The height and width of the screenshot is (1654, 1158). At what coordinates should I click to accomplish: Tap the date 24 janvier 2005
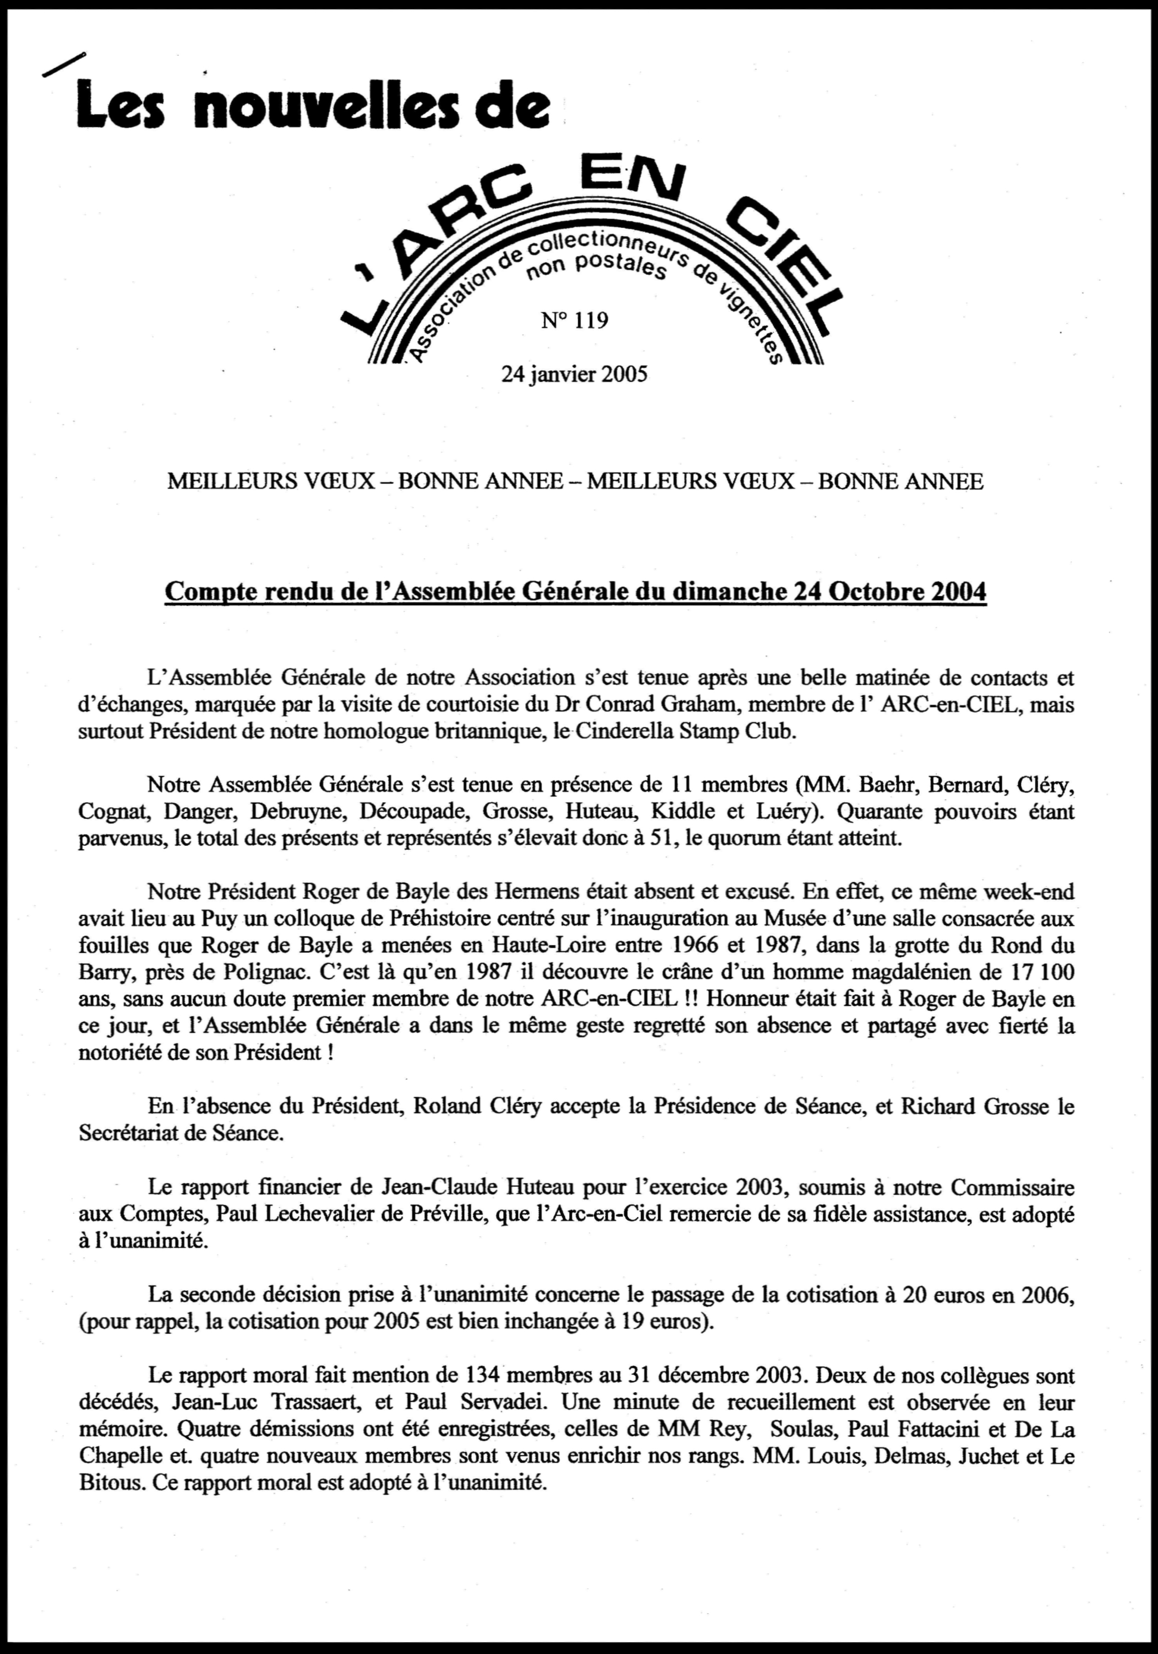click(574, 374)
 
